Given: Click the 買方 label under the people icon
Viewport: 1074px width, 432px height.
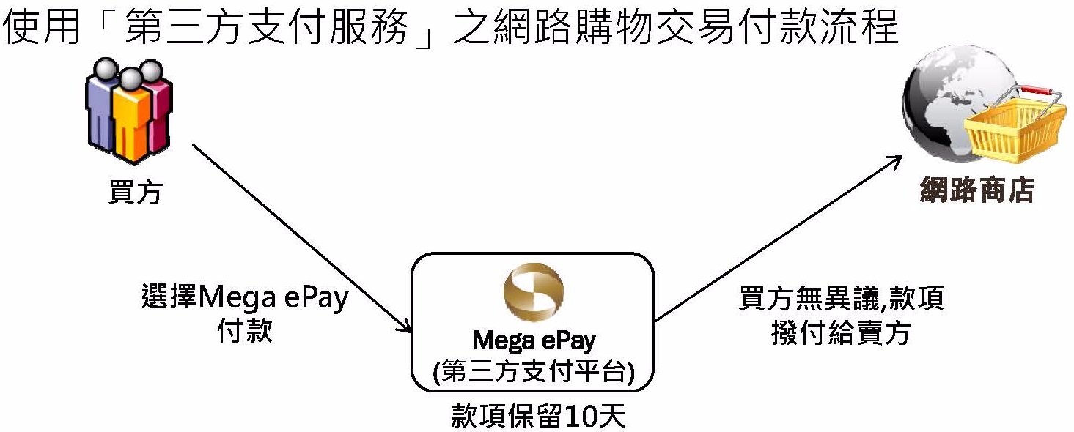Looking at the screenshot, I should (135, 191).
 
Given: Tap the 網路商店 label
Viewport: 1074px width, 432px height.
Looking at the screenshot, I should (977, 189).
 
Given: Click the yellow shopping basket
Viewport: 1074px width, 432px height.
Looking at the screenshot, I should (1015, 133).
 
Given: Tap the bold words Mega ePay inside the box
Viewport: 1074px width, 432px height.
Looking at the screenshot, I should (534, 340).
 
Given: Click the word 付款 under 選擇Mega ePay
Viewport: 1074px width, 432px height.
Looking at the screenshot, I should (245, 331).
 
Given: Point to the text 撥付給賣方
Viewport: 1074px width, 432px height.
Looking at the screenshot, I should (841, 333).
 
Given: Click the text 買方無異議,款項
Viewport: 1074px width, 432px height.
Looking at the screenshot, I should (841, 299).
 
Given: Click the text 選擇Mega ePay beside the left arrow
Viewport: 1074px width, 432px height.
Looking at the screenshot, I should (245, 299).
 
